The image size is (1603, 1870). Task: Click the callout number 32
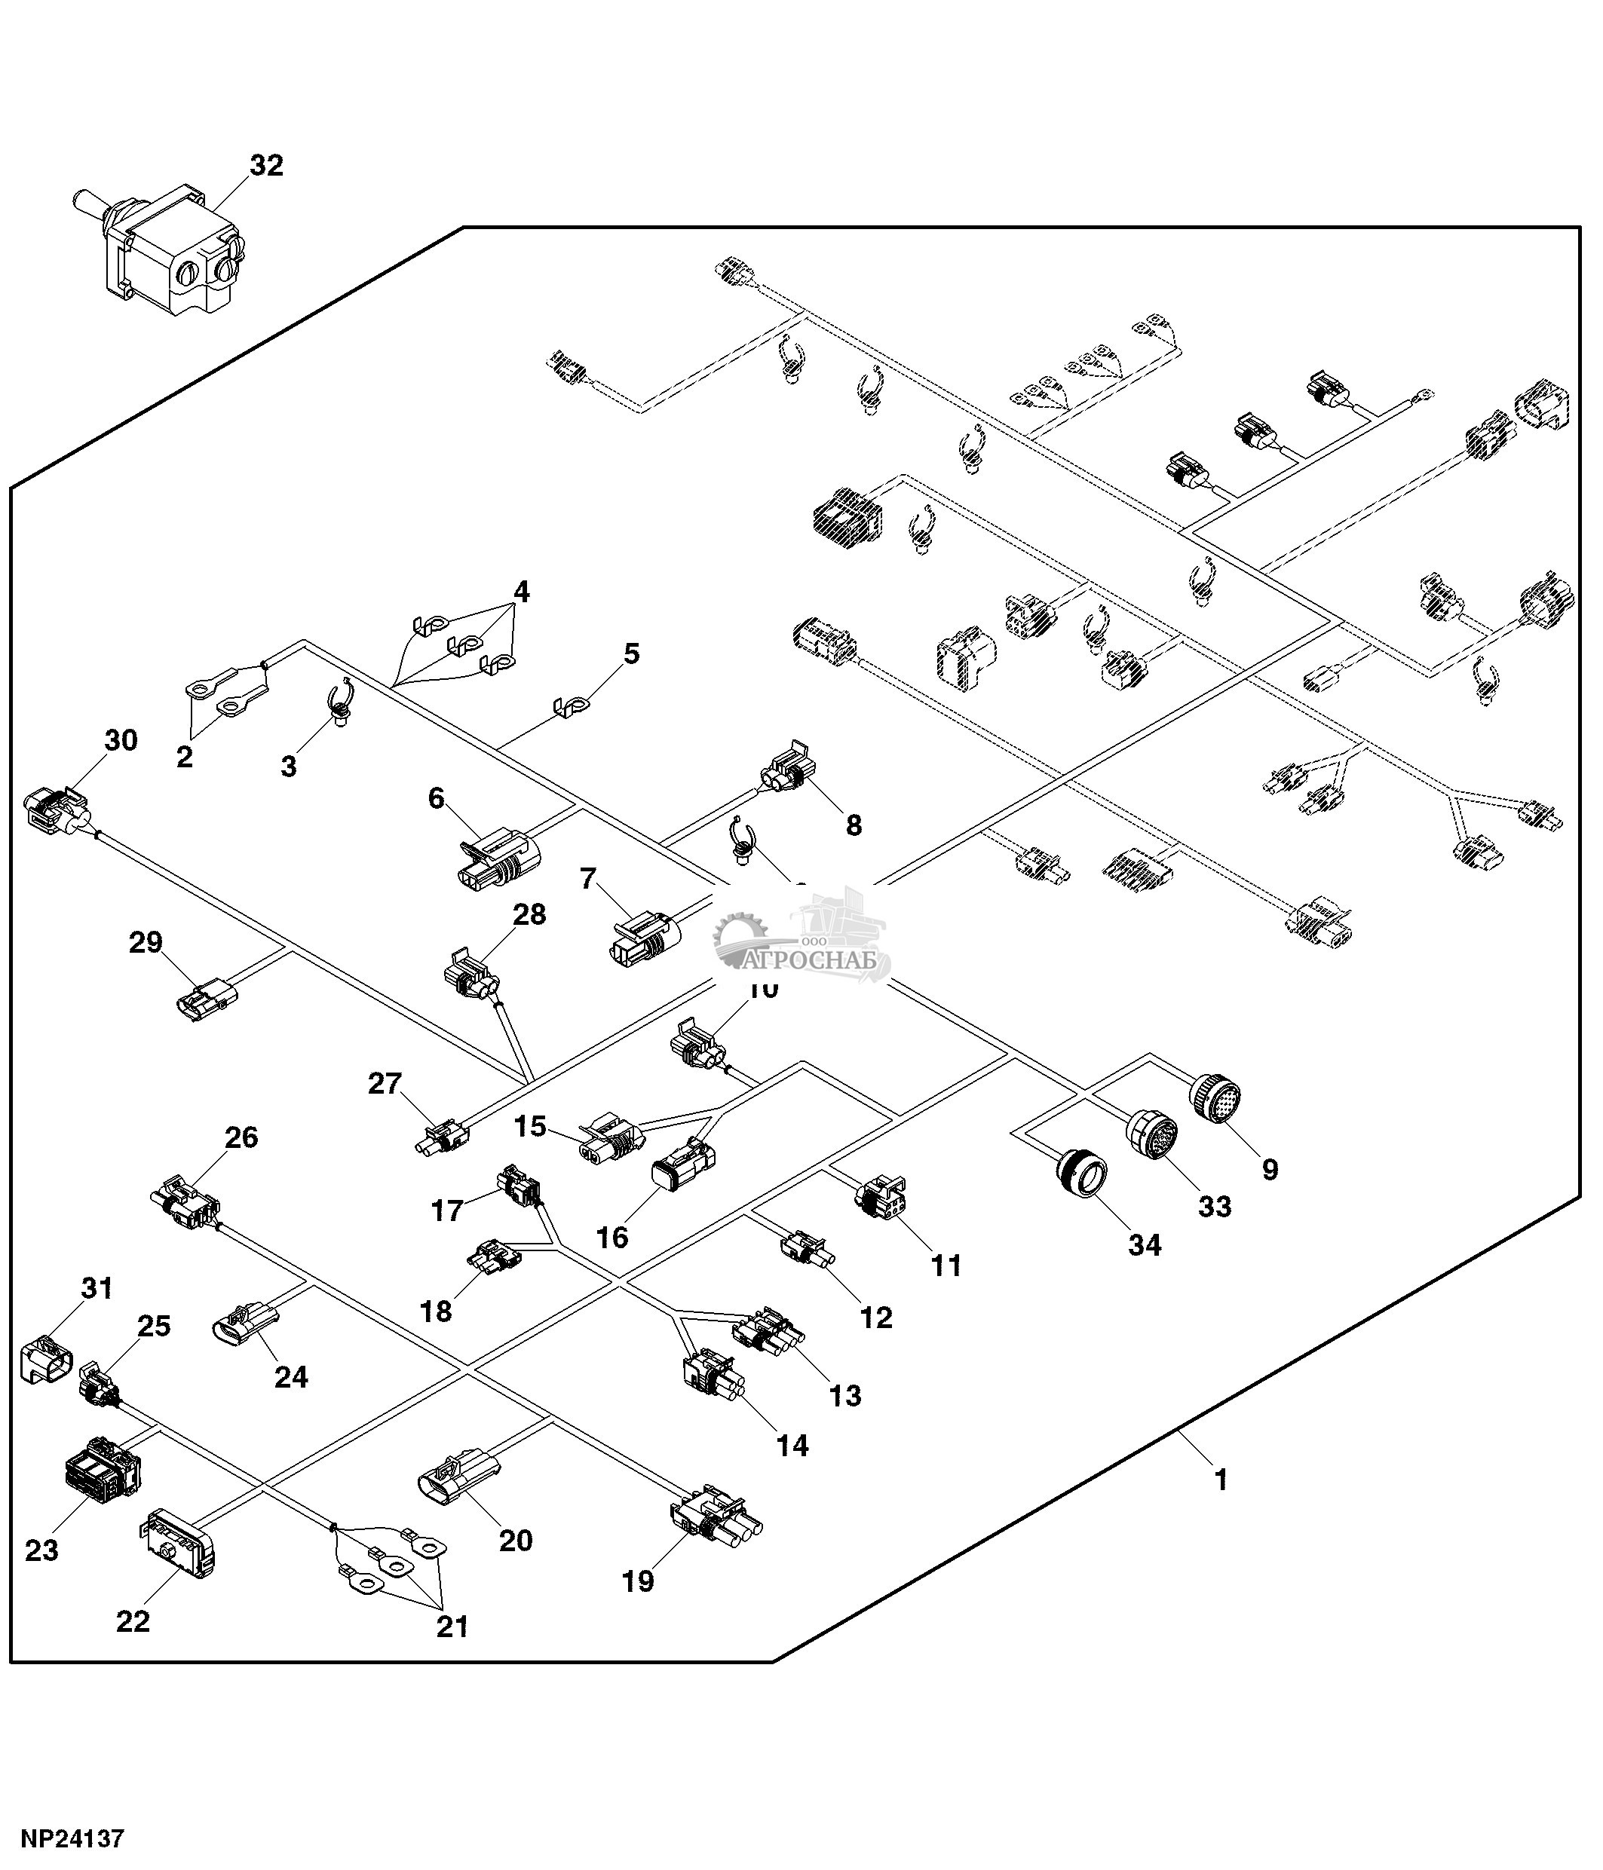click(266, 166)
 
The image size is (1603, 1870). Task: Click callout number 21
click(452, 1627)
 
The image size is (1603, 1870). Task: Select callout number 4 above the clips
click(521, 592)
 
